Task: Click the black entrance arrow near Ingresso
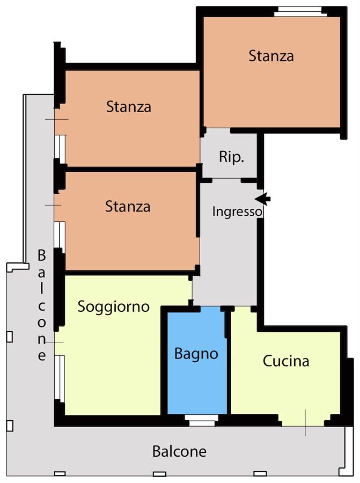(263, 199)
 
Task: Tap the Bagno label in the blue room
(196, 354)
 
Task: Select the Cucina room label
(286, 361)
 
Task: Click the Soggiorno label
(113, 307)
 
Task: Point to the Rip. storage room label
(231, 157)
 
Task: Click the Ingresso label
(237, 212)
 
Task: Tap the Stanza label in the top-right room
(271, 56)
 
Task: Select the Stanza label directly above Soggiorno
(128, 207)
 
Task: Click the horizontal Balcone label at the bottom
(179, 451)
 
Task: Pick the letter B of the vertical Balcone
(41, 255)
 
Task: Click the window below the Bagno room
(202, 420)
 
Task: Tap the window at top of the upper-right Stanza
(298, 11)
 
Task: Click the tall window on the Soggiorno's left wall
(60, 378)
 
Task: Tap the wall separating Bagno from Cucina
(229, 361)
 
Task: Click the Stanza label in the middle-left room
(129, 107)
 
